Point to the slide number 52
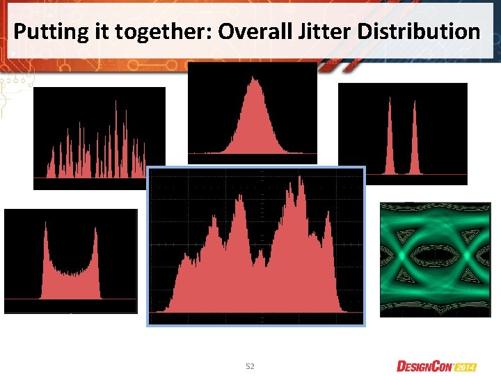[x=251, y=366]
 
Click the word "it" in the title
[x=90, y=31]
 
